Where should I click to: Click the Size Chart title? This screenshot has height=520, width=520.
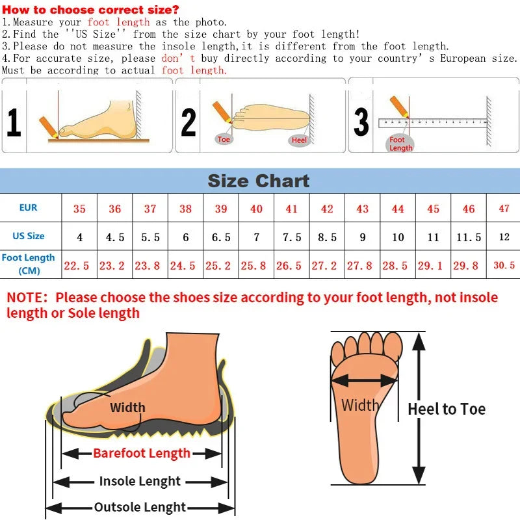tap(259, 180)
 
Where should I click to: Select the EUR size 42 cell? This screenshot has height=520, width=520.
tap(327, 209)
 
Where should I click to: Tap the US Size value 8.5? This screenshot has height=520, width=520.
tap(327, 237)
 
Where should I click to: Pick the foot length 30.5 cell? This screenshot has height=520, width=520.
tap(504, 265)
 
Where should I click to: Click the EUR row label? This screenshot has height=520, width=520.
tap(29, 208)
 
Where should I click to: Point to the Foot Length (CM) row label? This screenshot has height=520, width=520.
tap(29, 264)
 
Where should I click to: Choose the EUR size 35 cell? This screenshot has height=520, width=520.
tap(79, 209)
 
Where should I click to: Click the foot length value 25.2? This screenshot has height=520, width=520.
tap(221, 265)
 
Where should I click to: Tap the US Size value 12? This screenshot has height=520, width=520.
tap(504, 237)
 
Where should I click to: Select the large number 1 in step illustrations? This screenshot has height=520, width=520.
tap(14, 122)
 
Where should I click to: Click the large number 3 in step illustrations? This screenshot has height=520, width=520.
tap(361, 122)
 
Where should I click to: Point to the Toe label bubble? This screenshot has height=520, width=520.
tap(224, 140)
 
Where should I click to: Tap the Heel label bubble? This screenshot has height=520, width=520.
tap(299, 140)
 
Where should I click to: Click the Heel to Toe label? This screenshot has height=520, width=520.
tap(447, 409)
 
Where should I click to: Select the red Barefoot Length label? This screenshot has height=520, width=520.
tap(142, 453)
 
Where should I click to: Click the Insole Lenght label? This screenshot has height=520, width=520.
tap(140, 482)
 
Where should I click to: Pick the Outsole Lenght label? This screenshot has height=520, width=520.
tap(140, 508)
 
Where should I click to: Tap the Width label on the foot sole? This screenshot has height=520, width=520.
tap(360, 406)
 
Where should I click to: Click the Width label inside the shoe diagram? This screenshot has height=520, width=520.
tap(127, 408)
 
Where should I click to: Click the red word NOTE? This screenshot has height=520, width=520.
tap(27, 298)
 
